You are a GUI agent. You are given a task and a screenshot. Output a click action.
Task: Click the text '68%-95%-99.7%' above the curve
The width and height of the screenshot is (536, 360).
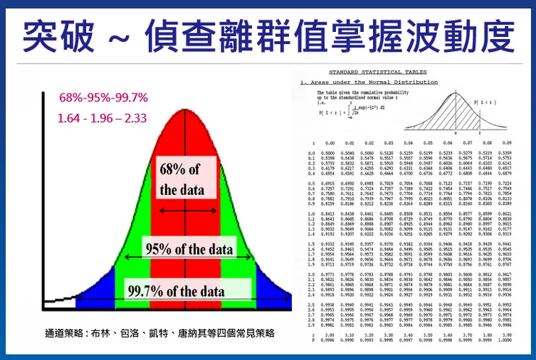pos(104,97)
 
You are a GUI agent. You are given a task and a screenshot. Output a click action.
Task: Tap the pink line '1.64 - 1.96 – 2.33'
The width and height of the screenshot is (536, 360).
pos(104,117)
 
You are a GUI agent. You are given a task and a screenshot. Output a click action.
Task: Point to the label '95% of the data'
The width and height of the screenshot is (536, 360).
pos(190,249)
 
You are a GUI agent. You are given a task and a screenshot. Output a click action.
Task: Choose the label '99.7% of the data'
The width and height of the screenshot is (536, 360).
pos(176,292)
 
